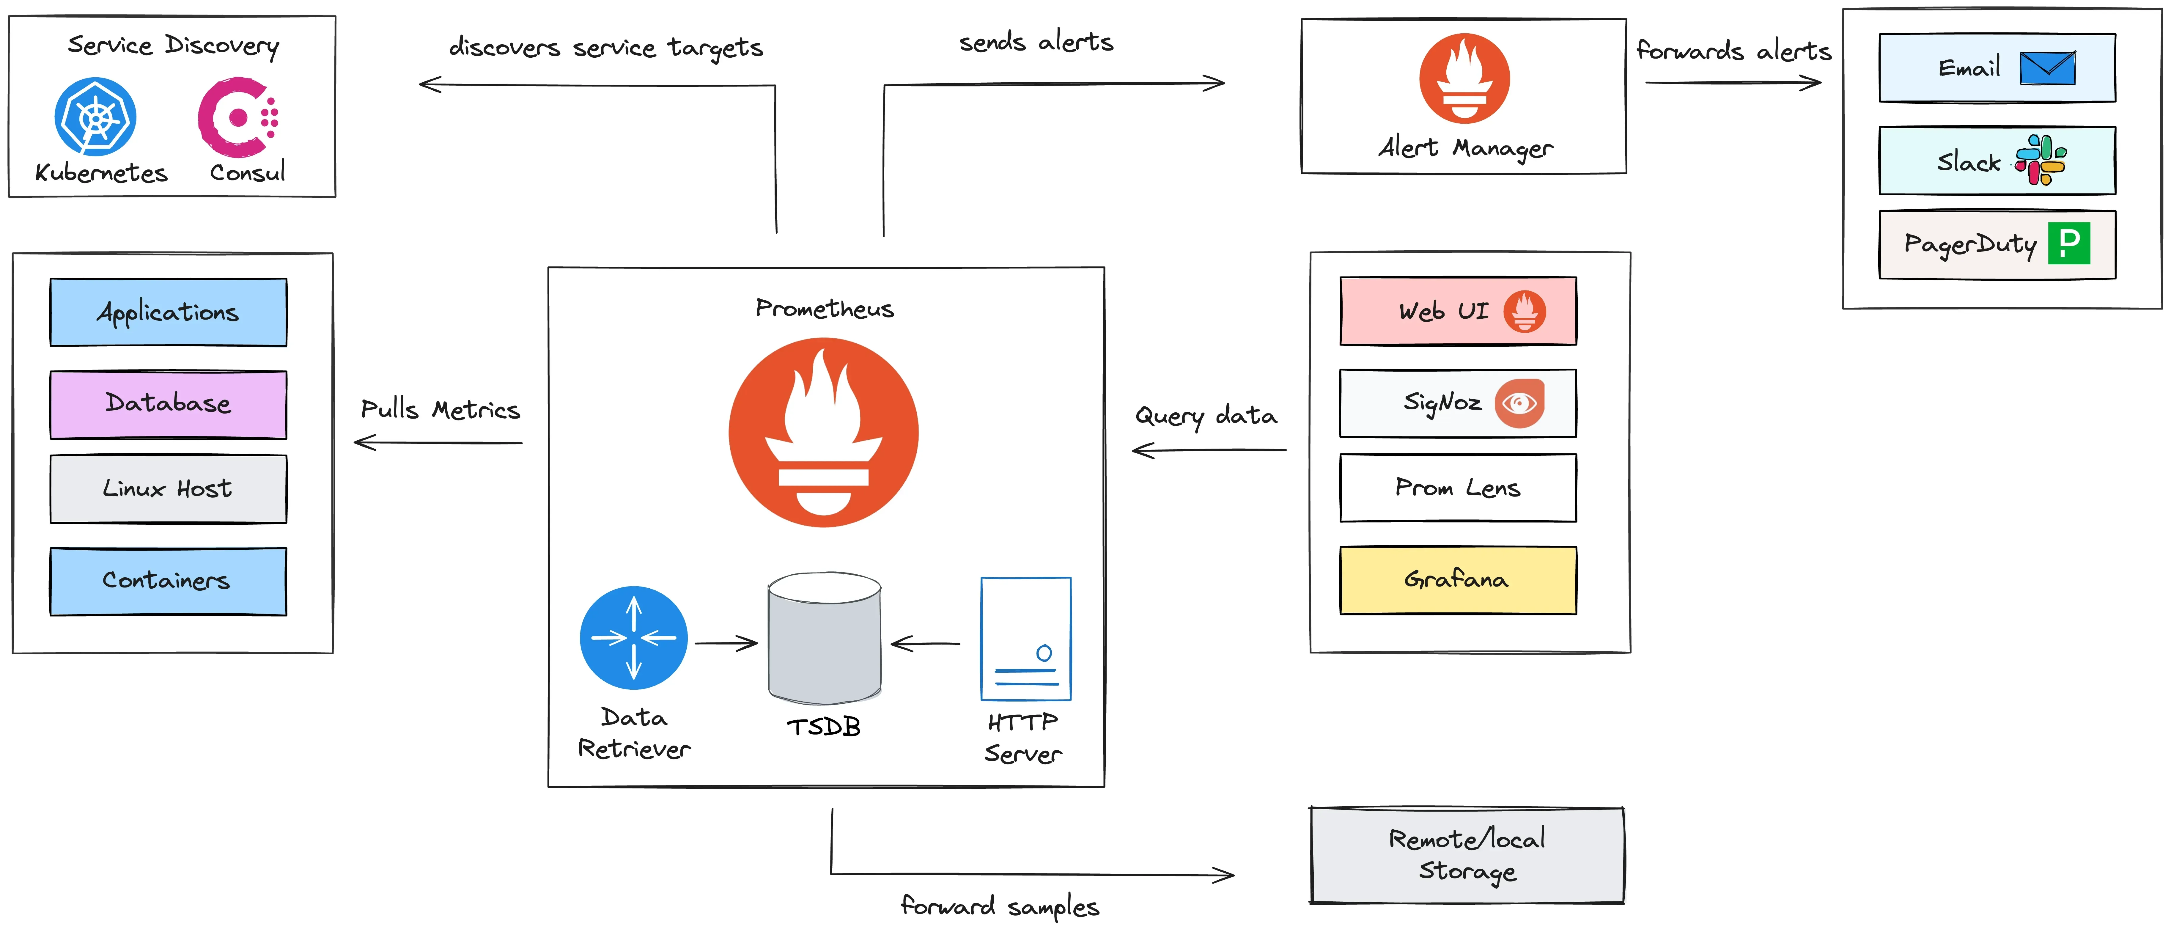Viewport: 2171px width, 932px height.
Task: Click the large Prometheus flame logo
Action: click(823, 432)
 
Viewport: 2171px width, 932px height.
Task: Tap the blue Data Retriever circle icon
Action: click(634, 638)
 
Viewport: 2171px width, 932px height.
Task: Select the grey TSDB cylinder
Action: click(824, 638)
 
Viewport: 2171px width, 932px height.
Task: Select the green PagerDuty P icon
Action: click(2069, 243)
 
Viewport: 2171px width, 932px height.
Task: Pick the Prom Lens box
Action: click(1458, 488)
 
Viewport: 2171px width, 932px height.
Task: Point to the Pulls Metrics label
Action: click(440, 410)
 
